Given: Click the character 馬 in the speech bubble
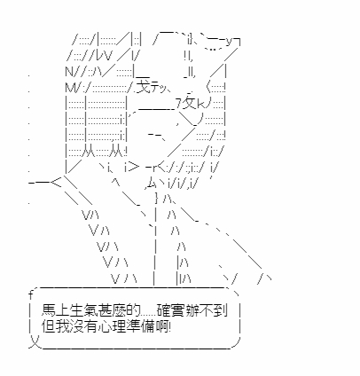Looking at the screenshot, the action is click(48, 311).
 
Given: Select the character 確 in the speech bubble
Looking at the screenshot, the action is click(163, 311).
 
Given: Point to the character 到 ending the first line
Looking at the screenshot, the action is click(221, 311).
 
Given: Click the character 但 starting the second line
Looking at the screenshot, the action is click(48, 326).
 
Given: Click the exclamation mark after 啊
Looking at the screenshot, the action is click(169, 327).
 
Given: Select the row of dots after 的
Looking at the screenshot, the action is click(148, 316).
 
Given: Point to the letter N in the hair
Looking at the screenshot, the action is click(69, 71).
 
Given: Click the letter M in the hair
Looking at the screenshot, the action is click(70, 87).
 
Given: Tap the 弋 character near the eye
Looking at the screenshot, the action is click(145, 86).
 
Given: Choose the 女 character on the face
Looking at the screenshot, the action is click(190, 103).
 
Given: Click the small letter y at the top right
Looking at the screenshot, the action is click(230, 43).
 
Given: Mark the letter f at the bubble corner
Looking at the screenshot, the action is click(30, 294).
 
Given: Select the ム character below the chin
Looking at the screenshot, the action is click(151, 184).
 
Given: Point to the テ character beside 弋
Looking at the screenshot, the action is click(156, 88).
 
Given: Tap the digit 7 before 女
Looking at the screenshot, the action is click(178, 104).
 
